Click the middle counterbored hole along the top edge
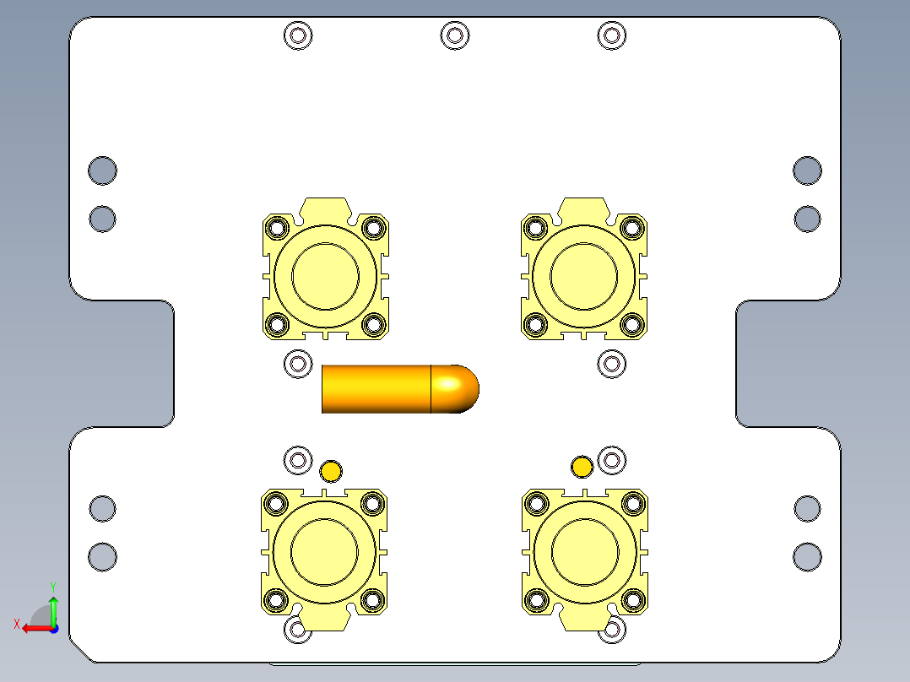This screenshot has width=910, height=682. point(454,35)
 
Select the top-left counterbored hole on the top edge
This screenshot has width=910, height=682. point(297,35)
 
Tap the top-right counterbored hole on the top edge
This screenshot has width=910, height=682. point(611,35)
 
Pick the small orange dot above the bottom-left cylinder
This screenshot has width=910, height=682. point(331,470)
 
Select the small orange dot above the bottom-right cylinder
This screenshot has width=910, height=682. point(582,467)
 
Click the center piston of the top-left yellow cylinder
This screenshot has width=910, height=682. point(325,276)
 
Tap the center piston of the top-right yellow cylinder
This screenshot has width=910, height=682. point(584,276)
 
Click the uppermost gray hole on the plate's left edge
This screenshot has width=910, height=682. point(102,170)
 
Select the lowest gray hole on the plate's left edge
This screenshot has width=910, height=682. point(102,556)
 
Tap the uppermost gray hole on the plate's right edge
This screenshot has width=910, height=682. point(807,170)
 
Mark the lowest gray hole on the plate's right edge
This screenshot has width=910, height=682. point(807,556)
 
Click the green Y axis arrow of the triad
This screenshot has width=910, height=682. point(53,606)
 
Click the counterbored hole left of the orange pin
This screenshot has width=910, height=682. point(297,365)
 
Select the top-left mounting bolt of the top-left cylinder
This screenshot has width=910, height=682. point(275,228)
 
